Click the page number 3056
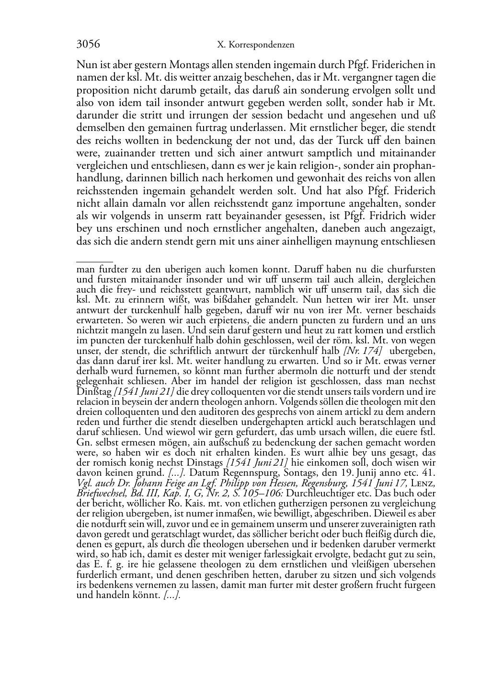pos(88,44)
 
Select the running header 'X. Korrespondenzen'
pos(255,45)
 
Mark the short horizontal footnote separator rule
pos(94,262)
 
